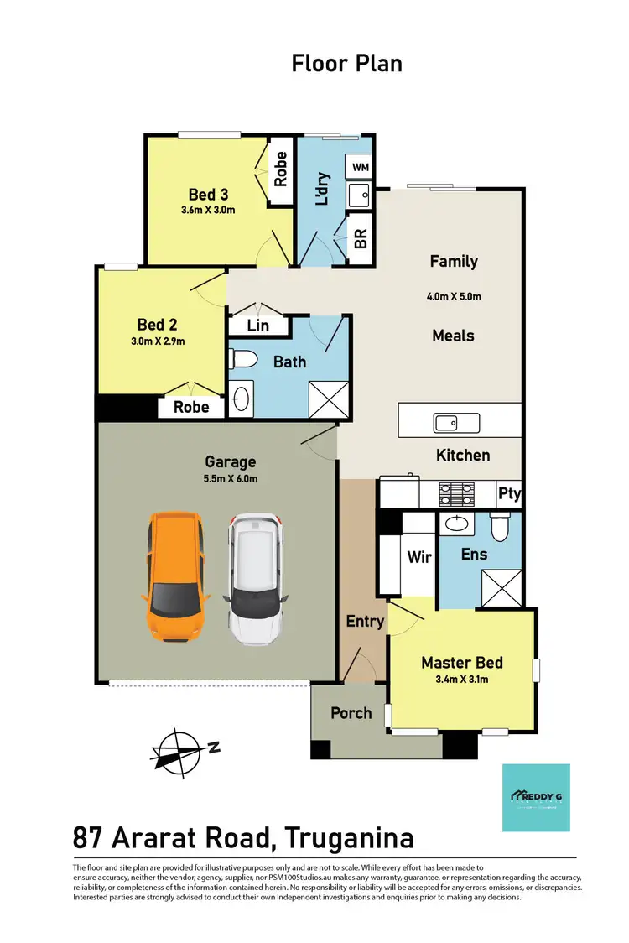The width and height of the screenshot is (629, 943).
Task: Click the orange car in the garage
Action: pos(177,577)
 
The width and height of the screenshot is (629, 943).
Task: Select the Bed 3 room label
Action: pos(208,195)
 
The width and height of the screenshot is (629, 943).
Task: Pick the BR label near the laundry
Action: pos(361,239)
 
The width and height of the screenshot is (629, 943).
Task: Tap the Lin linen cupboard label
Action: pos(257,326)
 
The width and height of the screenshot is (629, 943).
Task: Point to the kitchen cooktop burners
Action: pos(455,492)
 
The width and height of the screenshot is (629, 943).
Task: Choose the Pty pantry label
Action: pos(509,493)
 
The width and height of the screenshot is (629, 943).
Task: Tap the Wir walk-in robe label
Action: pos(419,557)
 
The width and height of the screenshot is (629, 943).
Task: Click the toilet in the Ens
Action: pos(501,529)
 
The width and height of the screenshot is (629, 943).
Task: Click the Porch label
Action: pos(351,712)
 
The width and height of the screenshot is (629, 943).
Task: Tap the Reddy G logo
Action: pos(535,797)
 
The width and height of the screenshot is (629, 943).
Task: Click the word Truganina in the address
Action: pos(349,837)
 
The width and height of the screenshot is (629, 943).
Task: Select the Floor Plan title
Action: pos(346,63)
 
